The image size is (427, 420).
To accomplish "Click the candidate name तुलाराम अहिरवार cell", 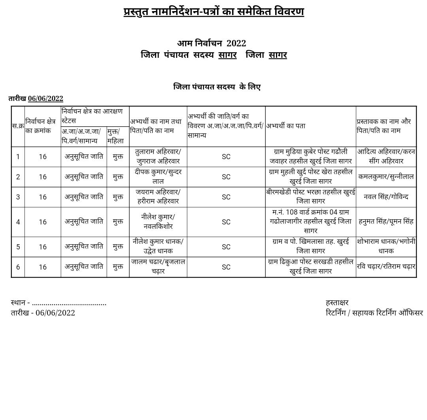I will point(158,156).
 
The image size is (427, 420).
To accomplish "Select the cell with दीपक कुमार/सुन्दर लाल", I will point(158,177).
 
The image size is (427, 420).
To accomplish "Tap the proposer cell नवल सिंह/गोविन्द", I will point(386,197).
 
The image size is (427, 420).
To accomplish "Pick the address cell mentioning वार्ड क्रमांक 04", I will point(310,222).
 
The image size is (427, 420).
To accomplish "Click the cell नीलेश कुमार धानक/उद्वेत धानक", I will point(158,246).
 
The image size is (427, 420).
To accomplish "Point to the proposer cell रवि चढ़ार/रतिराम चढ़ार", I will point(386,267).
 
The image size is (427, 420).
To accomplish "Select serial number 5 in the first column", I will point(18,247).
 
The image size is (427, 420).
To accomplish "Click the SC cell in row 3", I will point(226,197).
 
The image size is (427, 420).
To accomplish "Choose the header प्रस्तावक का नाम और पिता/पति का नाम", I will point(384,126).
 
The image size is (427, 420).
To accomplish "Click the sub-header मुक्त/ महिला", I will point(115,136).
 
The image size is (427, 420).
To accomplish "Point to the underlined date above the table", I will point(45,99).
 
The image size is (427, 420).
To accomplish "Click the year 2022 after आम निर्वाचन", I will point(236,43).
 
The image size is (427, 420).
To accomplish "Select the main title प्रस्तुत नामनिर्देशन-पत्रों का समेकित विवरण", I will point(213,12).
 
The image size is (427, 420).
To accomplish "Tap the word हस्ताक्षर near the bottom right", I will point(337,302).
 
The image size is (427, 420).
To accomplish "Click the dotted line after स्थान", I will point(69,303).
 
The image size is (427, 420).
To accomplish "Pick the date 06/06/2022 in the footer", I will point(55,313).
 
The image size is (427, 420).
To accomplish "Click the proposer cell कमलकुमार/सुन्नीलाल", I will point(386,177).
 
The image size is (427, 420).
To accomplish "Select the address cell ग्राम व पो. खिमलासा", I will point(310,246).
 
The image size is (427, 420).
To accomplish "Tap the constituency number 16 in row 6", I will point(43,267).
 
